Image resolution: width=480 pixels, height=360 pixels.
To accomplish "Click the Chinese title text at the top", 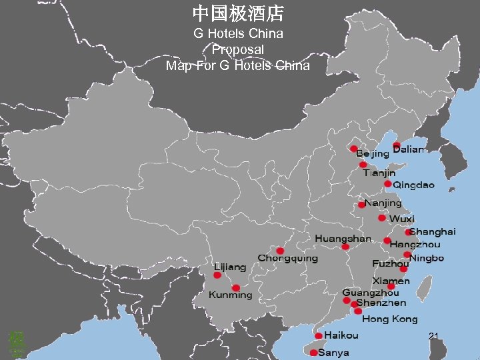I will pyautogui.click(x=238, y=13).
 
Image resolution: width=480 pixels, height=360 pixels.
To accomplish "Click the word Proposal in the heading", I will pyautogui.click(x=238, y=49).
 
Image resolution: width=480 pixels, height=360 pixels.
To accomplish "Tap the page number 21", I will pyautogui.click(x=433, y=335).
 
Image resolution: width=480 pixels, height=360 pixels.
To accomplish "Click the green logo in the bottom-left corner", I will pyautogui.click(x=16, y=343).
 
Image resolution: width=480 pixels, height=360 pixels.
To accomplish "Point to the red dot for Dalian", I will pyautogui.click(x=397, y=145).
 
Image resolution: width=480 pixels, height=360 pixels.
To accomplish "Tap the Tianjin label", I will pyautogui.click(x=379, y=173).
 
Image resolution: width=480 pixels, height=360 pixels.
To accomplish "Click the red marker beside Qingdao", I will pyautogui.click(x=387, y=183).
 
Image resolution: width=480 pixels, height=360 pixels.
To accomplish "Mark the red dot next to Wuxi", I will pyautogui.click(x=381, y=218).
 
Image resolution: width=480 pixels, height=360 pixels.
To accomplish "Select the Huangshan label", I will pyautogui.click(x=343, y=238).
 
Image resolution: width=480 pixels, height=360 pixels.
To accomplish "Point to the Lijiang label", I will pyautogui.click(x=229, y=266).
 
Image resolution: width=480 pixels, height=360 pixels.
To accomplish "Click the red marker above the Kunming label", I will pyautogui.click(x=235, y=288).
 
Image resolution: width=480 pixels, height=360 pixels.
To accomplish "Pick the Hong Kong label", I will pyautogui.click(x=390, y=319).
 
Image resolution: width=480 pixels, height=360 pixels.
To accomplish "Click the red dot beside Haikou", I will pyautogui.click(x=319, y=335).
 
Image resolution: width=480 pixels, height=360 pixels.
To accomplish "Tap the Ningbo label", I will pyautogui.click(x=427, y=258).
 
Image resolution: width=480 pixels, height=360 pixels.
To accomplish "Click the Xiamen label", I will pyautogui.click(x=391, y=281).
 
